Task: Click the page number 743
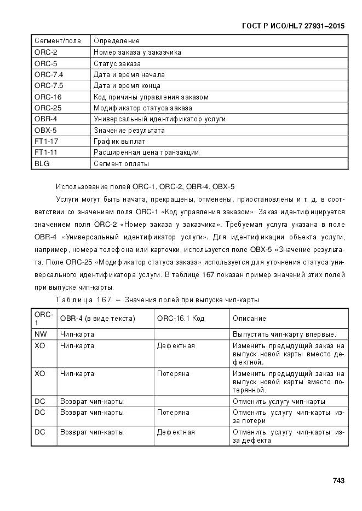coord(338,481)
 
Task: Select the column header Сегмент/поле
coord(58,41)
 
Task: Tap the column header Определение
coord(117,41)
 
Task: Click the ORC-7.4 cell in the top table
coord(49,75)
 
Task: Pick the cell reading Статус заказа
coord(117,63)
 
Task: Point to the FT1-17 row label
coord(46,142)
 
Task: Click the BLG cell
coord(42,164)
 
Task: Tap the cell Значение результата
coord(129,131)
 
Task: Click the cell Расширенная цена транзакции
coord(146,152)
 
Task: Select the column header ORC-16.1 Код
coord(181,319)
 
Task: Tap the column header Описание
coord(249,319)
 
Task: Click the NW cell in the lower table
coord(40,334)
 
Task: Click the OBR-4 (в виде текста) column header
coord(97,319)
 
